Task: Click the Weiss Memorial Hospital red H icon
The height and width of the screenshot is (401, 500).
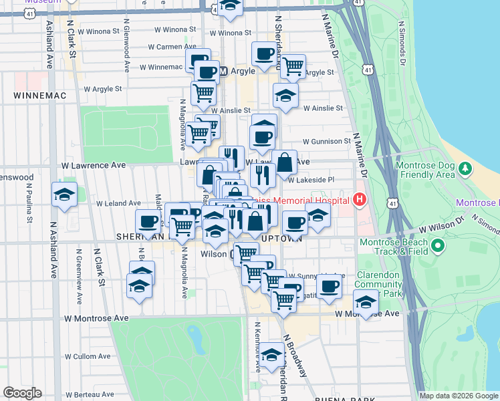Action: point(360,199)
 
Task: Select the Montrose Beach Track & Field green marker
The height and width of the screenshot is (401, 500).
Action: point(439,247)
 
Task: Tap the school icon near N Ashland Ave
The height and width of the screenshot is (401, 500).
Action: point(64,194)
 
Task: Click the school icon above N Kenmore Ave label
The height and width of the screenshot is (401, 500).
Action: point(271,354)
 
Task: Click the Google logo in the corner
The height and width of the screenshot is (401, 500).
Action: point(22,393)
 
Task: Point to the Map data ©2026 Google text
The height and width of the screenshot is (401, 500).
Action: point(459,396)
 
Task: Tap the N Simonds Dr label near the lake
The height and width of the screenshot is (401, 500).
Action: point(402,42)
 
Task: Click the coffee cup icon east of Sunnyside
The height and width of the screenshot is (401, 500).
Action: point(328,285)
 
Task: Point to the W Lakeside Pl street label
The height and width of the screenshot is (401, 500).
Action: point(311,180)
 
